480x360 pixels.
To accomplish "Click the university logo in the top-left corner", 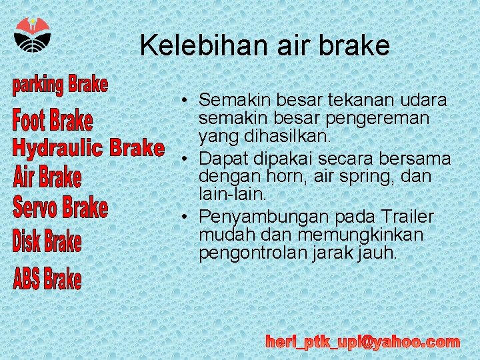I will click(31, 37).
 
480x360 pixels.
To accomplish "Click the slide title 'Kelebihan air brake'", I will click(265, 45).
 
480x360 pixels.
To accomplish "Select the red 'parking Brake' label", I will click(60, 85).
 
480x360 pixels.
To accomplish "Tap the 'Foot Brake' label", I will click(53, 121).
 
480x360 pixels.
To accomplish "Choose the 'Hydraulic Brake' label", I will click(88, 148).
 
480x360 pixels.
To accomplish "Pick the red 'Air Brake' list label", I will click(47, 178).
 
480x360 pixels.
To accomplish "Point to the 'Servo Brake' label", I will click(60, 208).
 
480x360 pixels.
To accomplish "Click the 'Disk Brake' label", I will click(47, 241).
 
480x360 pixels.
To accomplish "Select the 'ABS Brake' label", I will click(47, 279).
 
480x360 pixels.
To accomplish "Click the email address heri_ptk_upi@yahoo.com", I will click(363, 342).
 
